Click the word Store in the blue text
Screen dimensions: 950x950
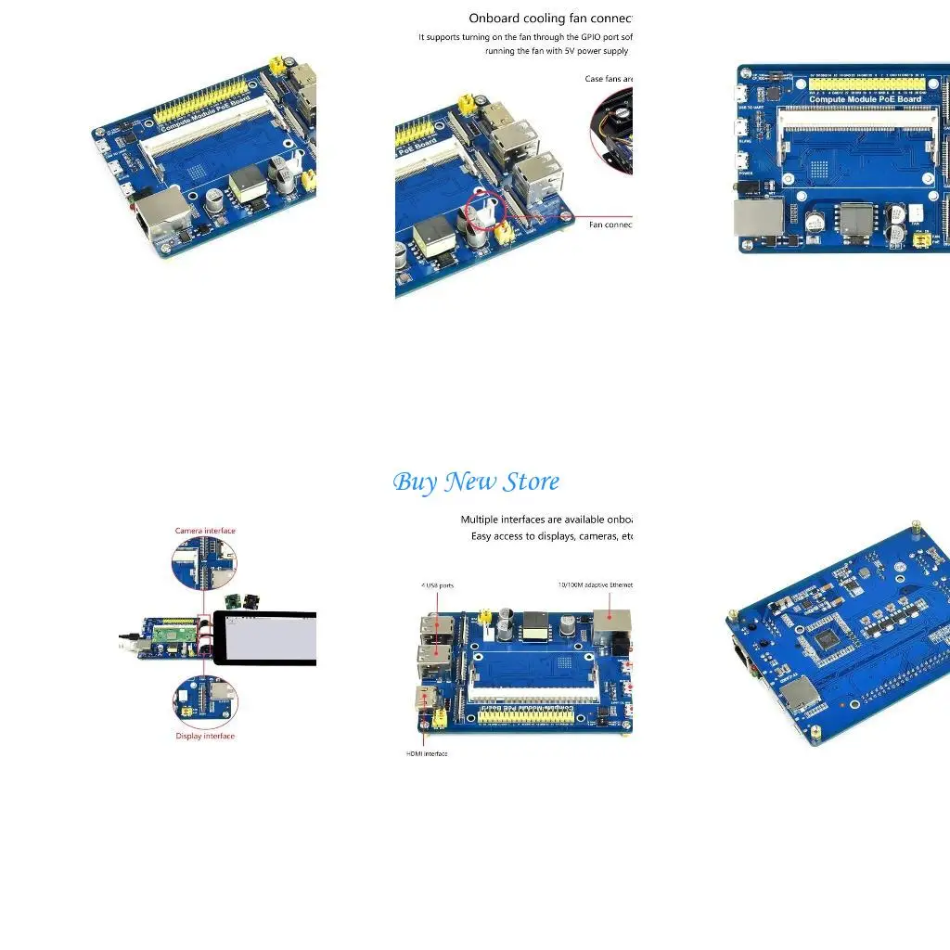pos(532,482)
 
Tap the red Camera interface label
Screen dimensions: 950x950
pos(205,531)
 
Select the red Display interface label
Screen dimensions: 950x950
pos(205,736)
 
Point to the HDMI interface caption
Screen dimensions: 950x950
pos(427,753)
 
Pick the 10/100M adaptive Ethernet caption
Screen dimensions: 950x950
pos(595,584)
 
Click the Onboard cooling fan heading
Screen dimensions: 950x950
pos(550,18)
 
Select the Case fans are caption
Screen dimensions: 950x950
pos(609,79)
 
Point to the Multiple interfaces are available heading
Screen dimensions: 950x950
pos(546,520)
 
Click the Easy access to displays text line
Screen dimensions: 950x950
pos(551,536)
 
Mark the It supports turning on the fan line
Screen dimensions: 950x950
pos(524,37)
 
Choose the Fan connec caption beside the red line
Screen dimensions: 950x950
pos(610,224)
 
